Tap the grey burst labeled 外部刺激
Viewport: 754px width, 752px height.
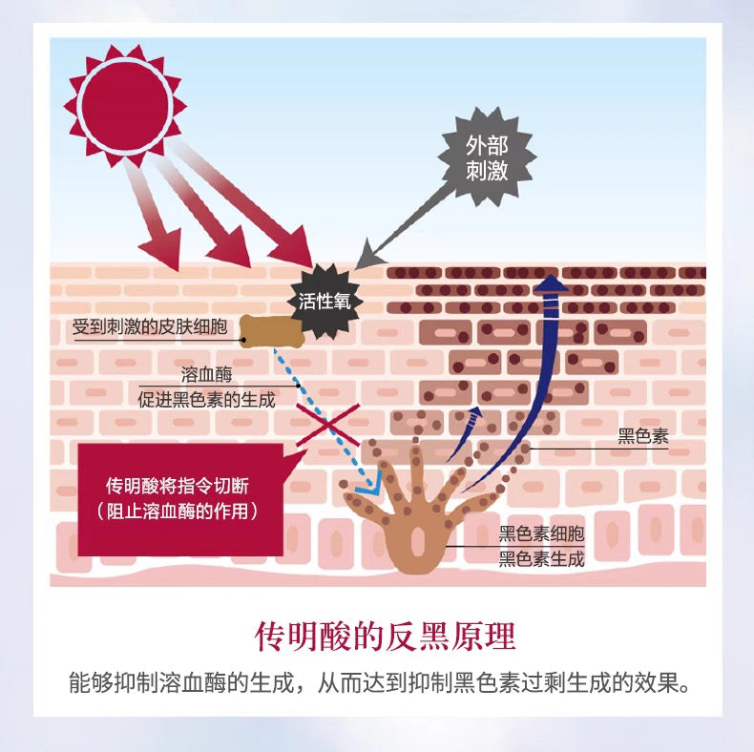pyautogui.click(x=487, y=157)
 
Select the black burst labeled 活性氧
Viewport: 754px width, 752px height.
pyautogui.click(x=325, y=301)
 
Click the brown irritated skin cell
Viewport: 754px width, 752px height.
pyautogui.click(x=272, y=331)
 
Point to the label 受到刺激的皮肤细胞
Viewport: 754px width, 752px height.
pyautogui.click(x=150, y=327)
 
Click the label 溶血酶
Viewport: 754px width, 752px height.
pyautogui.click(x=207, y=374)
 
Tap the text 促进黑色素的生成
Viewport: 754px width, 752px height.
pyautogui.click(x=206, y=400)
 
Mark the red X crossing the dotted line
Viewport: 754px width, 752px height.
pyautogui.click(x=328, y=425)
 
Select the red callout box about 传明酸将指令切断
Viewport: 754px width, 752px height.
pyautogui.click(x=180, y=499)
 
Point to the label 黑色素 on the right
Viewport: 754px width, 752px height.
pyautogui.click(x=643, y=436)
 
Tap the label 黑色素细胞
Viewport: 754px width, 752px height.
pyautogui.click(x=541, y=533)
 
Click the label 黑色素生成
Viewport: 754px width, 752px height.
pyautogui.click(x=541, y=559)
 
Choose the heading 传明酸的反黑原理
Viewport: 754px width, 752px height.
pyautogui.click(x=386, y=637)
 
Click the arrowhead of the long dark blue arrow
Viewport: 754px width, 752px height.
pyautogui.click(x=551, y=283)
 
